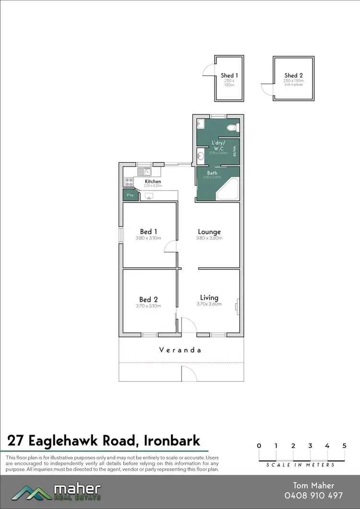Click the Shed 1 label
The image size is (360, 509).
click(229, 75)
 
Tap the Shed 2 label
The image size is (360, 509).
click(293, 75)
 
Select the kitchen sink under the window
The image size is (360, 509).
click(142, 171)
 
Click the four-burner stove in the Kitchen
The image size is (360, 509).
click(129, 182)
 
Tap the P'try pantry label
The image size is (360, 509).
click(129, 195)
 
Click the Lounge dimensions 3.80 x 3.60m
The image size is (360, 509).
click(209, 238)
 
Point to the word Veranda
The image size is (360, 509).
click(180, 350)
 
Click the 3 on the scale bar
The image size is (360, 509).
click(310, 446)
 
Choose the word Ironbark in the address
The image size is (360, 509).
click(172, 440)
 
